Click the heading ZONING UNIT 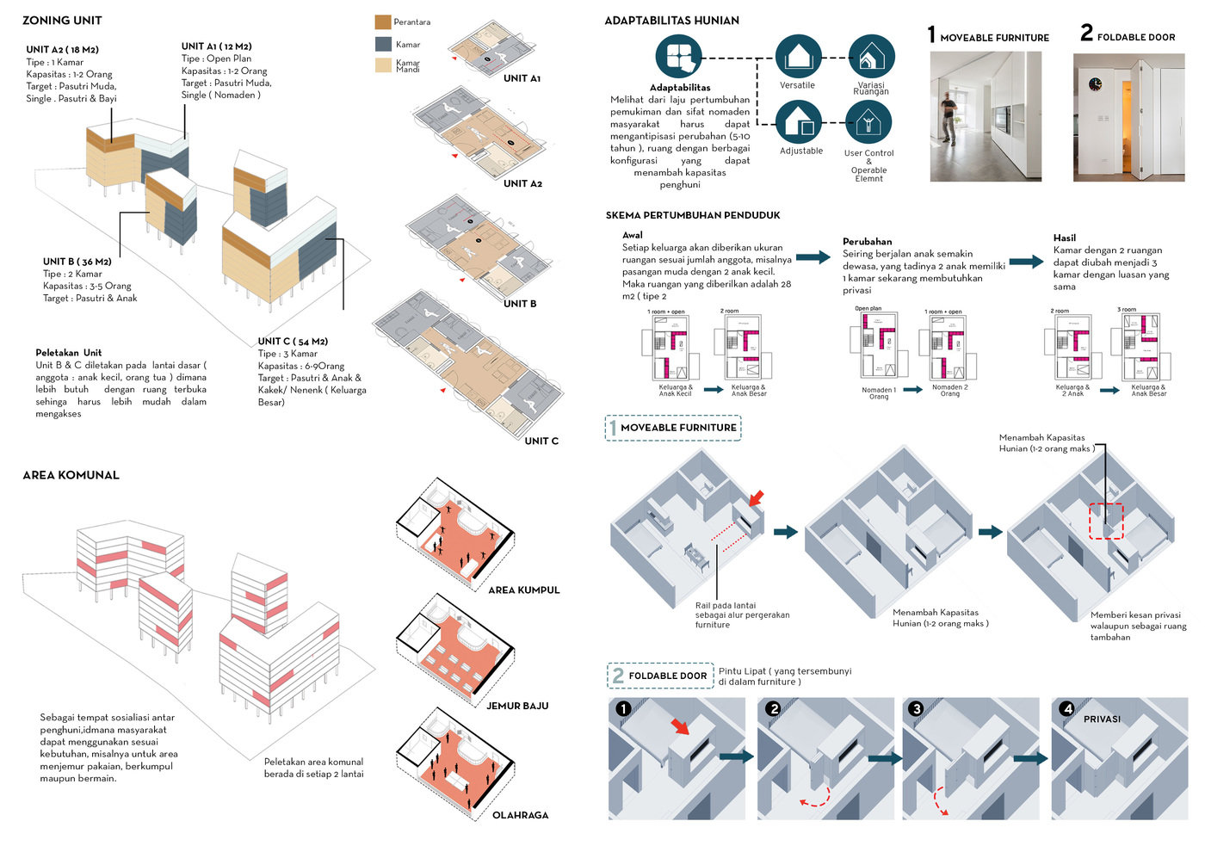62,21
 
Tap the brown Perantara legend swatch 383,22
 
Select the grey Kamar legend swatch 383,44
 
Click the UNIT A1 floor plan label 522,78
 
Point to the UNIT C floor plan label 541,441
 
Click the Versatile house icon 798,57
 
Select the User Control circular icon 868,124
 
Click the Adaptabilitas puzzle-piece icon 678,57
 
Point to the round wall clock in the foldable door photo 1095,84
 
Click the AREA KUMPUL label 523,590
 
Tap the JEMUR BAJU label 517,706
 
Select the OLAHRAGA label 520,815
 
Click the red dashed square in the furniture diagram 1106,522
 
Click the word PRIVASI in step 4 1102,719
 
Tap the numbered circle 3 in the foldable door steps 916,708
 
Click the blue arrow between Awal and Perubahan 813,257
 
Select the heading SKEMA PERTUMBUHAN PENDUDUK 693,215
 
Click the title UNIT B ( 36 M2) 77,262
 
